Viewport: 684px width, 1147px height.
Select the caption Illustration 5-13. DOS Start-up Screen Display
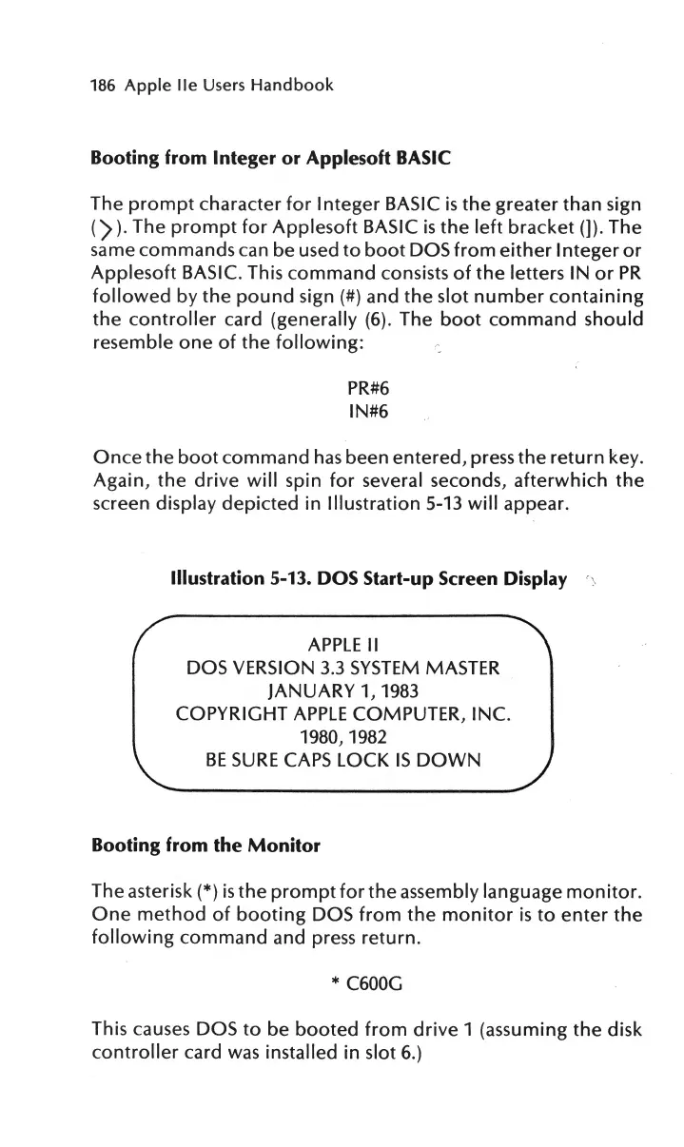tap(367, 579)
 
